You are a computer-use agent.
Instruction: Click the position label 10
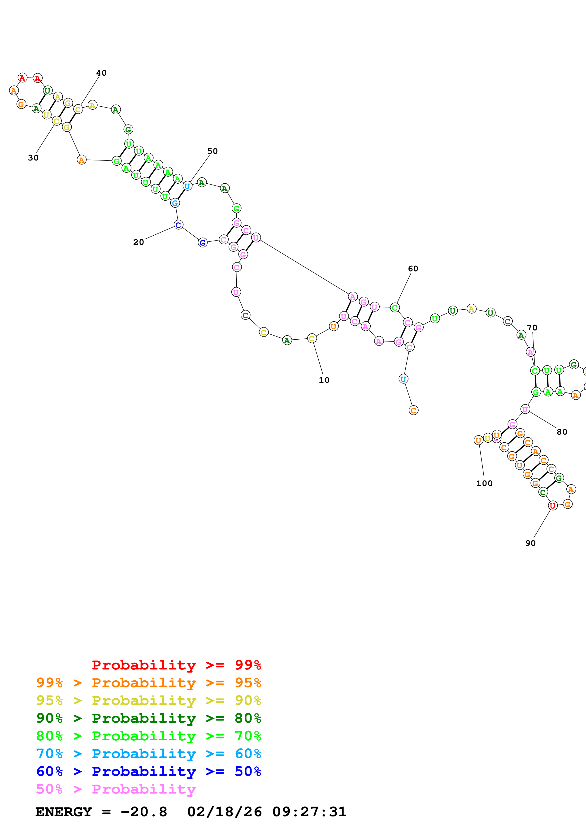tap(324, 380)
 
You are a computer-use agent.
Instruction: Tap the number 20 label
tap(138, 242)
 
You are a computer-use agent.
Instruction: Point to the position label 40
tap(101, 73)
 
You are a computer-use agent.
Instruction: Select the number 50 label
tap(212, 151)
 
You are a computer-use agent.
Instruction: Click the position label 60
tap(413, 269)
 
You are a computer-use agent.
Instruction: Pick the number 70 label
tap(532, 328)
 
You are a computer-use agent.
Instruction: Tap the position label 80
tap(562, 432)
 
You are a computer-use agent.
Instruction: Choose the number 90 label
tap(530, 543)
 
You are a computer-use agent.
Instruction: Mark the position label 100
tap(484, 484)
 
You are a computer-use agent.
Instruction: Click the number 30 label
tap(33, 158)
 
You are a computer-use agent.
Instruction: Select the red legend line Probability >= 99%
tap(176, 665)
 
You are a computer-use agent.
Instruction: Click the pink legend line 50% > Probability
tap(116, 789)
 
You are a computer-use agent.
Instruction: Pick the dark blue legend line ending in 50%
tap(148, 772)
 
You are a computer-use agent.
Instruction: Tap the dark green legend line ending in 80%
tap(148, 718)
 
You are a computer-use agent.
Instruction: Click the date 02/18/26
tap(224, 812)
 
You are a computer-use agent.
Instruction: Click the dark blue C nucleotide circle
tap(178, 225)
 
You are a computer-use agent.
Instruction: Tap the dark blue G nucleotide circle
tap(203, 243)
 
